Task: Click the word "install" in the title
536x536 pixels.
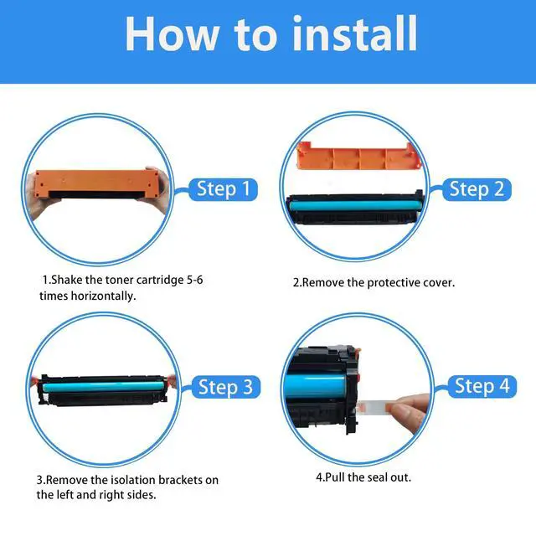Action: (355, 34)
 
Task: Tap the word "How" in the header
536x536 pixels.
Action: (173, 34)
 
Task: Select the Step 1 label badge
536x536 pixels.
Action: (223, 189)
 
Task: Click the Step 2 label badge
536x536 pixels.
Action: (477, 189)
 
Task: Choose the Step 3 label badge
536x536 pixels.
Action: (225, 387)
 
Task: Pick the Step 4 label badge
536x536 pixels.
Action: (482, 386)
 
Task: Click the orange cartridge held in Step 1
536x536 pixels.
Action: (97, 184)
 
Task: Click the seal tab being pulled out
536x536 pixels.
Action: (375, 406)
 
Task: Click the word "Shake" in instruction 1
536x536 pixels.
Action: (67, 280)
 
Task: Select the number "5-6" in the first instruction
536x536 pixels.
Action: (194, 280)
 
